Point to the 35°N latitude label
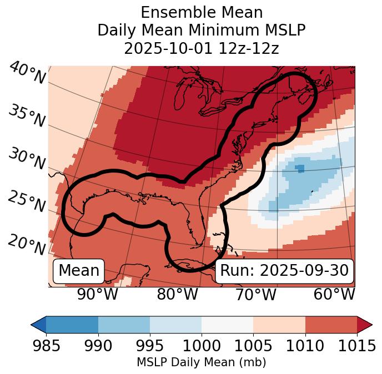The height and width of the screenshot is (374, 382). click(x=27, y=116)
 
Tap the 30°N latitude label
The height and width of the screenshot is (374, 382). click(x=26, y=159)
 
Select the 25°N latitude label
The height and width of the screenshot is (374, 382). click(x=26, y=202)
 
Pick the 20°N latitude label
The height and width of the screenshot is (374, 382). click(x=26, y=244)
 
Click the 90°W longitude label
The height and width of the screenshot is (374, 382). click(x=97, y=294)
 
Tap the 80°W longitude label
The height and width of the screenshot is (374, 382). click(x=177, y=294)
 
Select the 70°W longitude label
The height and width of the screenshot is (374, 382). click(x=255, y=294)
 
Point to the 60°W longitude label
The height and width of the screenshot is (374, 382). click(x=334, y=294)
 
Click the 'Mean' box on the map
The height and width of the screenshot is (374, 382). click(x=79, y=271)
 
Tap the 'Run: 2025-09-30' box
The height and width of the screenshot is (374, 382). click(x=284, y=271)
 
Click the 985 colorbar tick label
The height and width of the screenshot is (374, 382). click(x=46, y=346)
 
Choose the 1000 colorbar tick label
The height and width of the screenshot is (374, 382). click(x=202, y=346)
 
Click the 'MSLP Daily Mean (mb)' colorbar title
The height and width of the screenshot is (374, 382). click(x=201, y=362)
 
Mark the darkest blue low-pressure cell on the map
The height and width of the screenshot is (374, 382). click(x=300, y=168)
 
